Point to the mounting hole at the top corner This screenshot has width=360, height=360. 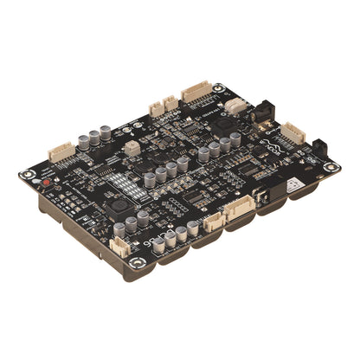click(218, 87)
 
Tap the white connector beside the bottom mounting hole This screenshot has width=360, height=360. click(119, 245)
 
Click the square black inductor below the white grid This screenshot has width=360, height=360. click(117, 208)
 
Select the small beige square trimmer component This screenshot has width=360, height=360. click(132, 147)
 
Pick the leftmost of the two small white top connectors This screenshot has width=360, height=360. click(156, 109)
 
